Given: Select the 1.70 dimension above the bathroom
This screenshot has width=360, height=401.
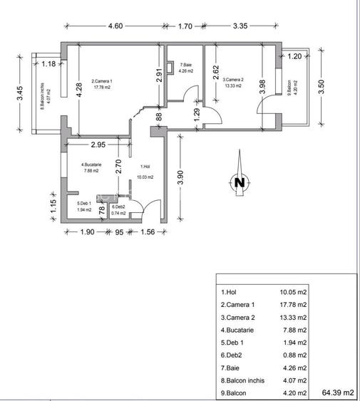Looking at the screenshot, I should (184, 26).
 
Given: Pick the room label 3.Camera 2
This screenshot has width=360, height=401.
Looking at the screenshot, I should (233, 80).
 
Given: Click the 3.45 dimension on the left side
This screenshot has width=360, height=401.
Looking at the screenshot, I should (20, 93).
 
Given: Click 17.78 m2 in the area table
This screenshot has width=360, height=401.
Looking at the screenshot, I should (293, 305).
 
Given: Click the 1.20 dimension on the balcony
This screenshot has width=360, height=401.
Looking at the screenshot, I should (294, 56).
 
